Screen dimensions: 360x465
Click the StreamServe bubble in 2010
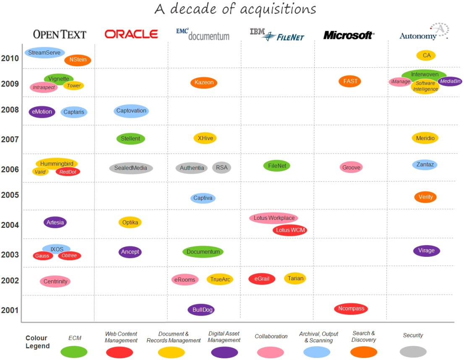click(44, 52)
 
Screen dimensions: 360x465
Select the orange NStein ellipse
click(78, 60)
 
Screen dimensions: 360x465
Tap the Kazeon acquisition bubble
click(204, 82)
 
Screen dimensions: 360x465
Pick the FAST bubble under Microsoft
click(350, 81)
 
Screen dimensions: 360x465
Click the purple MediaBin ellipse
click(450, 81)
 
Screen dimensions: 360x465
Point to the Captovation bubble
click(131, 111)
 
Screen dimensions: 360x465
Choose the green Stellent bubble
click(131, 138)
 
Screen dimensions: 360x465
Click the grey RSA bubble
click(222, 167)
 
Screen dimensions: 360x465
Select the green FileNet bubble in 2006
click(277, 166)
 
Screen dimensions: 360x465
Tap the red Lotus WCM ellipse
click(290, 230)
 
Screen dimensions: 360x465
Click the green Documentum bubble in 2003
click(203, 252)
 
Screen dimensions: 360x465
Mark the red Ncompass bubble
click(351, 309)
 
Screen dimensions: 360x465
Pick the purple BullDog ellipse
click(201, 310)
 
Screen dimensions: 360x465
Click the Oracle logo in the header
click(131, 34)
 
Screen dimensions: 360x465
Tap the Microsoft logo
click(349, 35)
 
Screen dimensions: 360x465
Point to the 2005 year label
click(10, 195)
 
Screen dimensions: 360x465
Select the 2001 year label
click(10, 310)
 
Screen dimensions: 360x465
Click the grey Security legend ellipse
click(413, 352)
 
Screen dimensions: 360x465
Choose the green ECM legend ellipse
click(74, 352)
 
